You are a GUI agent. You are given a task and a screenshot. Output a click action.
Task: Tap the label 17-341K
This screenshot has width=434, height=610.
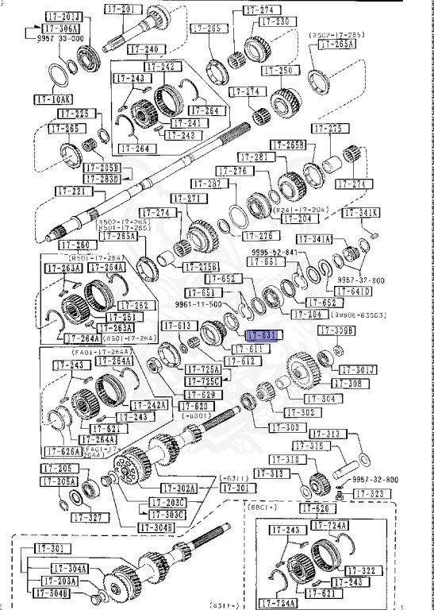coord(361,212)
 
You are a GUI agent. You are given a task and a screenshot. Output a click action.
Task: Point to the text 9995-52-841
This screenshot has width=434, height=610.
coord(274,252)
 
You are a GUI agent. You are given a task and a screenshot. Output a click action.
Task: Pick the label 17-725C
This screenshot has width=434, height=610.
coord(204,382)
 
